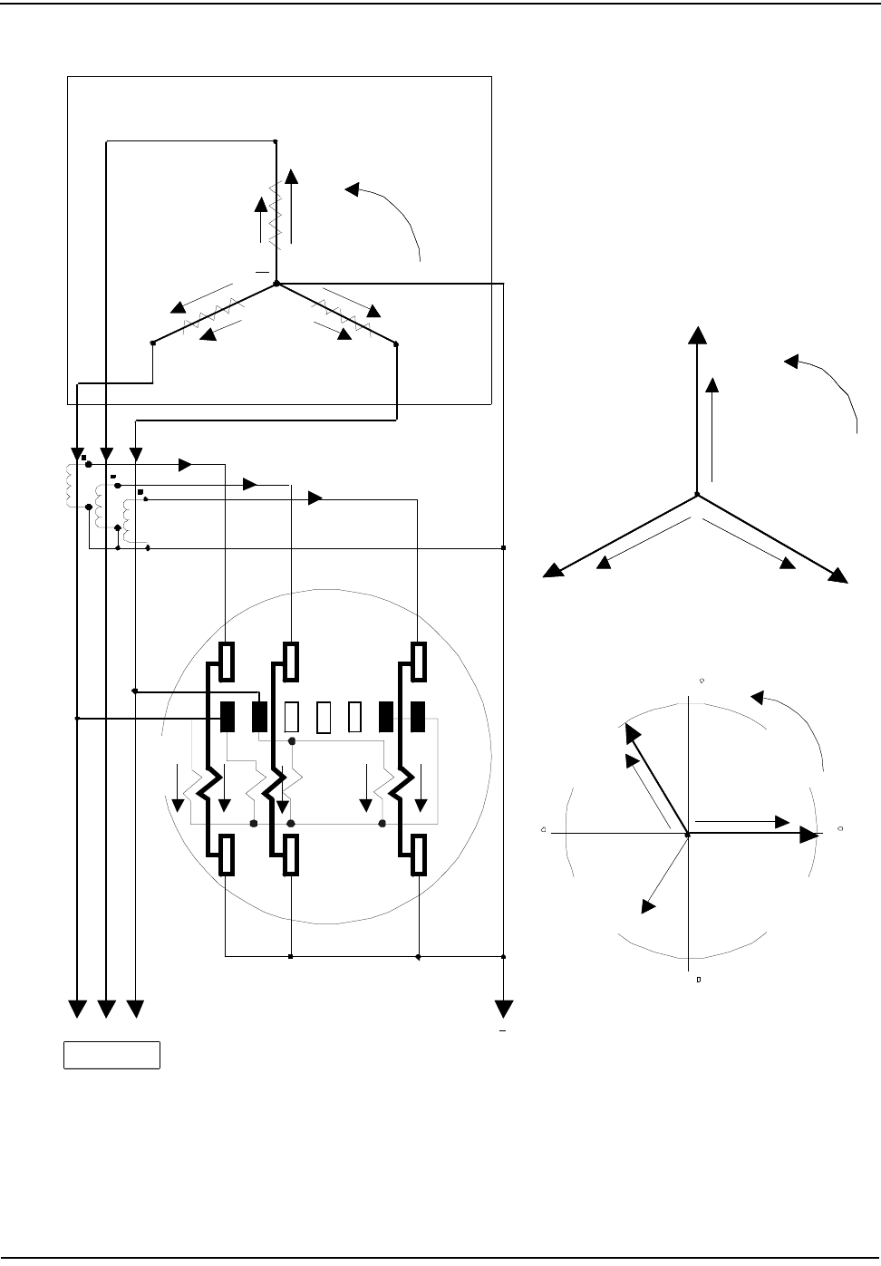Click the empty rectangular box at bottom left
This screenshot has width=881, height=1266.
[x=111, y=1056]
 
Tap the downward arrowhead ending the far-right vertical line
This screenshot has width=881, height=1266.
[x=503, y=1009]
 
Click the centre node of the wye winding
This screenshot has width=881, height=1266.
[x=276, y=285]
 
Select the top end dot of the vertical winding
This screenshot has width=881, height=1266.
[x=275, y=141]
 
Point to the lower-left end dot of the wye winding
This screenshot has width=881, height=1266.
[x=152, y=343]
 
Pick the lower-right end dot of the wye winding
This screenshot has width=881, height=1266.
[x=397, y=343]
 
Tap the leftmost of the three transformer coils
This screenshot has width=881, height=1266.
[x=72, y=487]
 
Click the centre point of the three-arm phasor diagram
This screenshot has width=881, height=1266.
[x=696, y=495]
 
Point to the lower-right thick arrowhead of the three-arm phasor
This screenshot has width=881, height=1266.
[x=837, y=575]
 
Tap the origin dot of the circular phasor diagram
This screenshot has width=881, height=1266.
[x=688, y=833]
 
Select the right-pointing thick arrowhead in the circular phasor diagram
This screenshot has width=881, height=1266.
[x=808, y=835]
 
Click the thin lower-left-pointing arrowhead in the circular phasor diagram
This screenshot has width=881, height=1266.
[x=648, y=905]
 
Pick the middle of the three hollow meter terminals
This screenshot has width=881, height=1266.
[x=324, y=717]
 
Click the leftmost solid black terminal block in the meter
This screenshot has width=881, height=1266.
[x=228, y=717]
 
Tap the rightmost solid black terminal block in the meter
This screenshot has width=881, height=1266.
[x=418, y=717]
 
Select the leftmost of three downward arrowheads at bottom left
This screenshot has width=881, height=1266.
[x=78, y=1009]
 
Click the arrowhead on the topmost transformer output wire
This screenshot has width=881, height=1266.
[x=185, y=465]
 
